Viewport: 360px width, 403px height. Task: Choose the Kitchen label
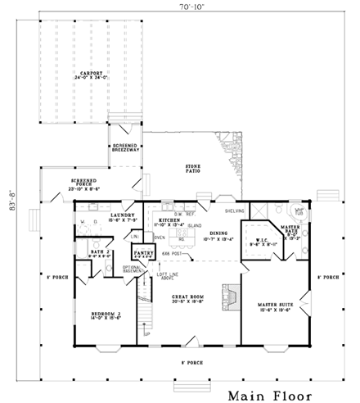pos(169,221)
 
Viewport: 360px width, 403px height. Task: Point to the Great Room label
pos(190,299)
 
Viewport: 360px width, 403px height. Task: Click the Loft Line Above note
pos(169,276)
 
